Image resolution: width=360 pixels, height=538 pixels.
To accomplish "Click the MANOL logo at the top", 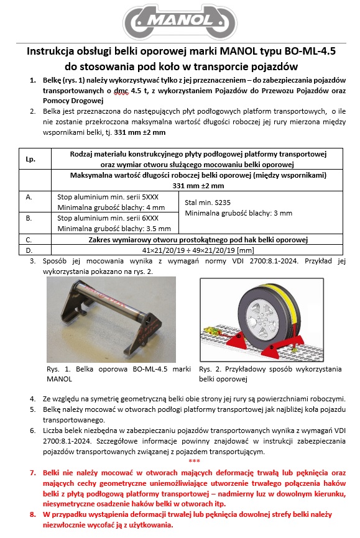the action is point(180,22).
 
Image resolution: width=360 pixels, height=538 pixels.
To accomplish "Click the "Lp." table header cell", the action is point(30,159).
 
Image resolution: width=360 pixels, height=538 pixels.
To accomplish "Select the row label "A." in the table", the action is point(29,197).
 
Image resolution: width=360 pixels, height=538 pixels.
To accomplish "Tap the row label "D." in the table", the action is point(29,250).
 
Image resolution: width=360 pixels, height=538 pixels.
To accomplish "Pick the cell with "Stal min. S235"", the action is point(261,212).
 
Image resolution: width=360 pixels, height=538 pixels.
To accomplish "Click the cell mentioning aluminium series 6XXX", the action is point(115,223).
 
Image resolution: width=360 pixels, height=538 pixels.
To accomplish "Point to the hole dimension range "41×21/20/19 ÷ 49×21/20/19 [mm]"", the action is point(198,250).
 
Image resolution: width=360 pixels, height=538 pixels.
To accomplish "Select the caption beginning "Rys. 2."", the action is point(270,374).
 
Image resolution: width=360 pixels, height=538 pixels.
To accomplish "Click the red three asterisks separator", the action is point(194,461).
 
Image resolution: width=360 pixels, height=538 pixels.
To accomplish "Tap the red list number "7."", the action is point(32,473).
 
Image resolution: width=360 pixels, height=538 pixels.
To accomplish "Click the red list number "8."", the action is point(32,514).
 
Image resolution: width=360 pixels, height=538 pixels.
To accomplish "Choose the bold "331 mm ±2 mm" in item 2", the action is point(140,132).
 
